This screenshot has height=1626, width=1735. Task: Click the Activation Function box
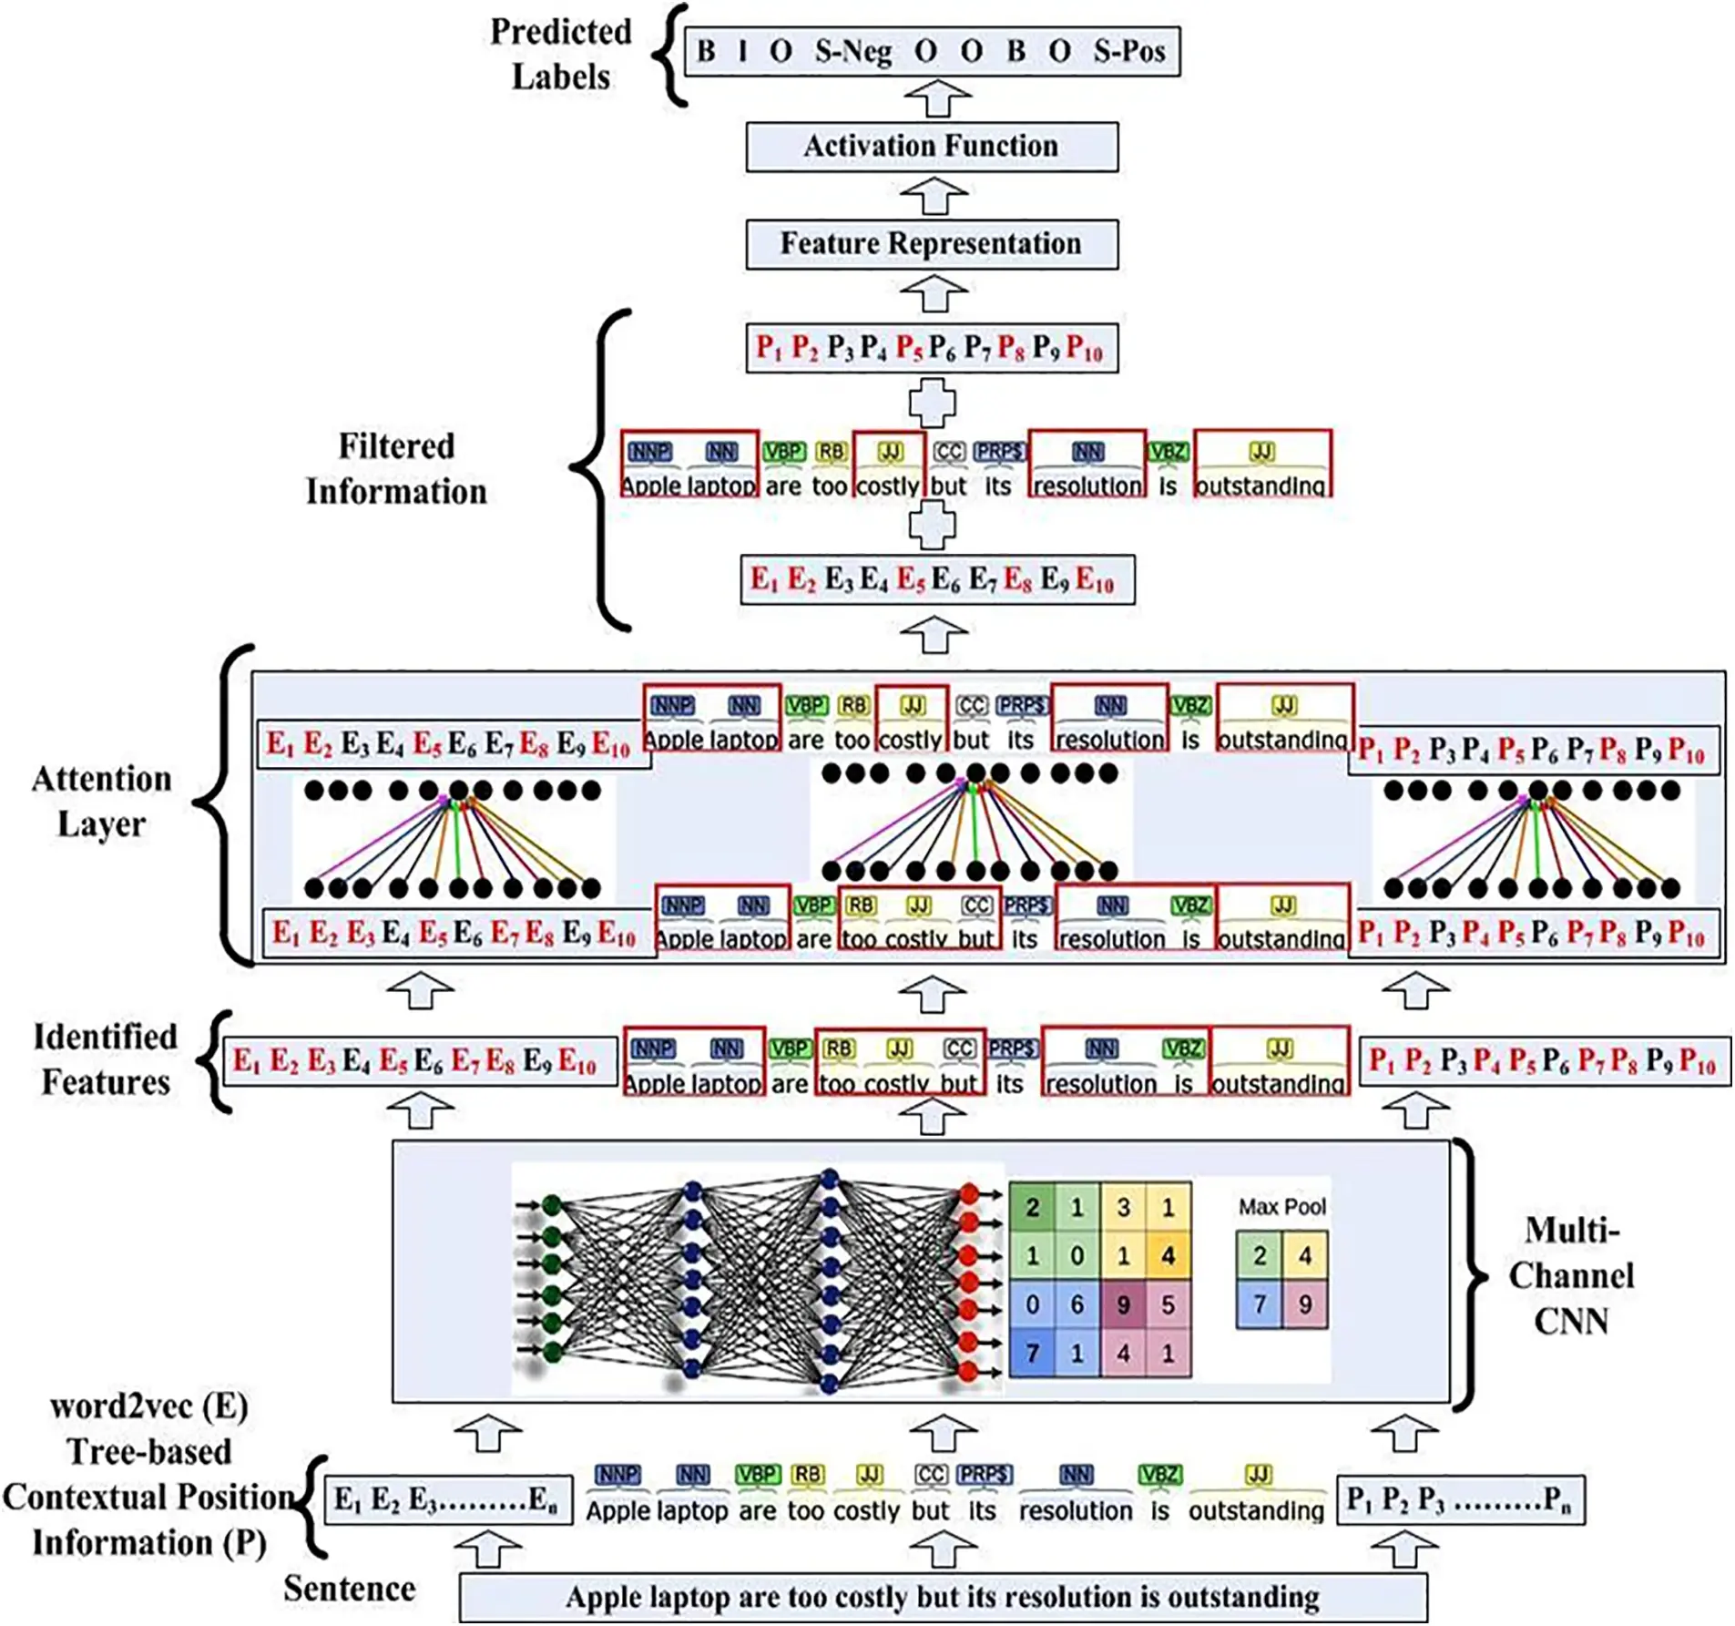[x=931, y=147]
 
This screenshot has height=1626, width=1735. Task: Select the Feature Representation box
[x=931, y=244]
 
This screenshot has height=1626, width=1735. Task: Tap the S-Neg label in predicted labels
[x=852, y=51]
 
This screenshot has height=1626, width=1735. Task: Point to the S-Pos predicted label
[x=1128, y=51]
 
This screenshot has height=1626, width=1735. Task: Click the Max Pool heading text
[x=1281, y=1206]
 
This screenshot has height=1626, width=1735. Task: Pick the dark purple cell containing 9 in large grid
[x=1122, y=1304]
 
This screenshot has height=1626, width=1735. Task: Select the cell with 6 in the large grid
[x=1077, y=1304]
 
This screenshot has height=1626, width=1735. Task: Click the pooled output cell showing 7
[x=1259, y=1304]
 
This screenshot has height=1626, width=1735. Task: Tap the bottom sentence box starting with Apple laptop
[x=942, y=1597]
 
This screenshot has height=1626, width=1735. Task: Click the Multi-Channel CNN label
[x=1570, y=1275]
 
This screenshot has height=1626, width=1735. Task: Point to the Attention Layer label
[x=101, y=802]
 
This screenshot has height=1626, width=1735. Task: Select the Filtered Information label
[x=395, y=469]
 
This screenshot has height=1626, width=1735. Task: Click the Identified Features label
[x=105, y=1059]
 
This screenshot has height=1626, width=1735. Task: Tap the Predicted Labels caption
[x=560, y=55]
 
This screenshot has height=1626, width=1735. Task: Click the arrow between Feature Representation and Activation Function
[x=934, y=196]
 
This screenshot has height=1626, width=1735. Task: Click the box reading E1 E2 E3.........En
[x=447, y=1499]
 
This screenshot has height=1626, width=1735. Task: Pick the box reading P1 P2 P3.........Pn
[x=1459, y=1499]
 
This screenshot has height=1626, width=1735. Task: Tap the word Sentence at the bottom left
[x=349, y=1588]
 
